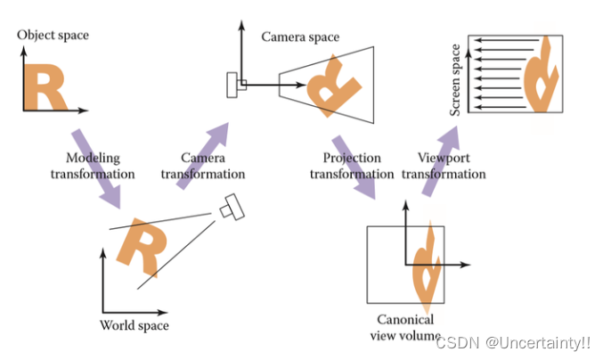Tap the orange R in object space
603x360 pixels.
pyautogui.click(x=44, y=86)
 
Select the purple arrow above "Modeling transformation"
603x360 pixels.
pyautogui.click(x=93, y=166)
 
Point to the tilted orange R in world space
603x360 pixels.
pyautogui.click(x=139, y=246)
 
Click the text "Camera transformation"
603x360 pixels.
pyautogui.click(x=203, y=166)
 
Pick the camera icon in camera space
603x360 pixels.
pyautogui.click(x=237, y=86)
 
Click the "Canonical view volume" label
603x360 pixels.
pyautogui.click(x=404, y=327)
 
